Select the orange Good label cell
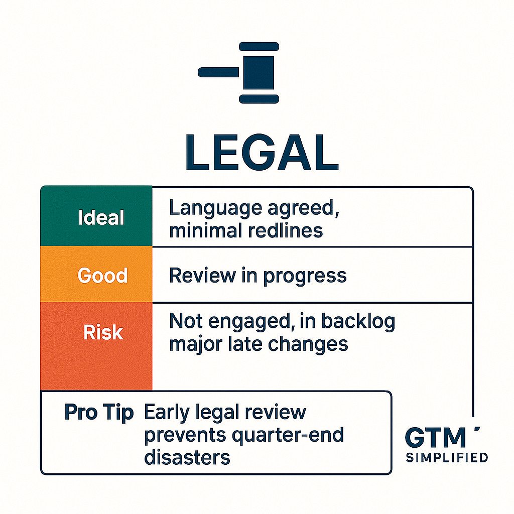pos(102,275)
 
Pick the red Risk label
pos(103,333)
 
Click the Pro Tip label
pos(99,412)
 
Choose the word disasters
pos(187,457)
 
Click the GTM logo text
pos(435,438)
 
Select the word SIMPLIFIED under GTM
pos(446,457)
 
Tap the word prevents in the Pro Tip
pos(185,435)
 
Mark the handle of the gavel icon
pos(218,73)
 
